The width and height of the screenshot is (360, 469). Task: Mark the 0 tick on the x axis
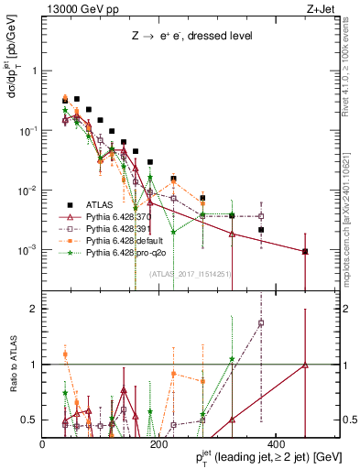coord(42,443)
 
